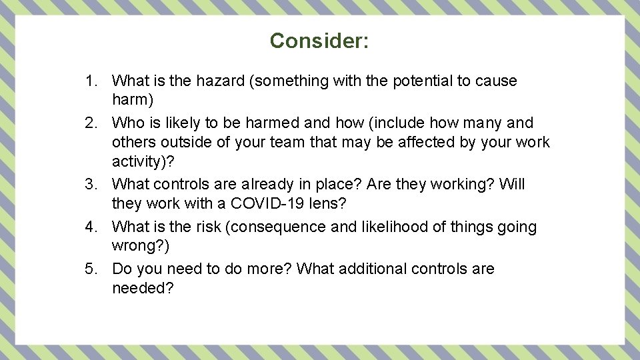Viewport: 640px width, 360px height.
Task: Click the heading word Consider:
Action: [x=319, y=41]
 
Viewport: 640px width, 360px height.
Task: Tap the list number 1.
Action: [x=91, y=81]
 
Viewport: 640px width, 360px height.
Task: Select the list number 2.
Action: [x=91, y=123]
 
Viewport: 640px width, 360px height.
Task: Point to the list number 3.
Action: [x=91, y=184]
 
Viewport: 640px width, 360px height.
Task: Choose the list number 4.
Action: [x=91, y=227]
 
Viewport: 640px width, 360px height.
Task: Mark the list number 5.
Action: [x=91, y=269]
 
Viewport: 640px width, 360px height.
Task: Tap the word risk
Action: [x=205, y=227]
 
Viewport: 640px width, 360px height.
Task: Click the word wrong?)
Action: [x=141, y=247]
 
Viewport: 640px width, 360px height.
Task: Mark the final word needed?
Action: [x=143, y=289]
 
